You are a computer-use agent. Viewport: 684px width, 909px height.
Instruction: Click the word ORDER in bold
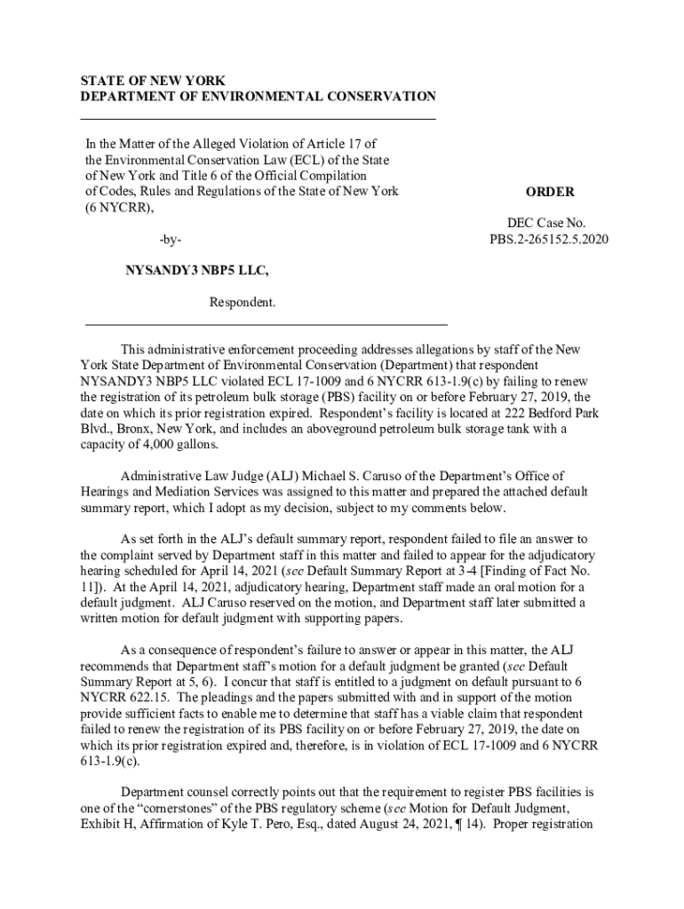coord(549,192)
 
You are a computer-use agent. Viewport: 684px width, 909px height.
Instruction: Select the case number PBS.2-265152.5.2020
coord(549,240)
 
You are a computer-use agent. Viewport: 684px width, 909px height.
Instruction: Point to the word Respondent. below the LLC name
coord(243,304)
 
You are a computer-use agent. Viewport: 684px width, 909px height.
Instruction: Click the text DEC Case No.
coord(548,224)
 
